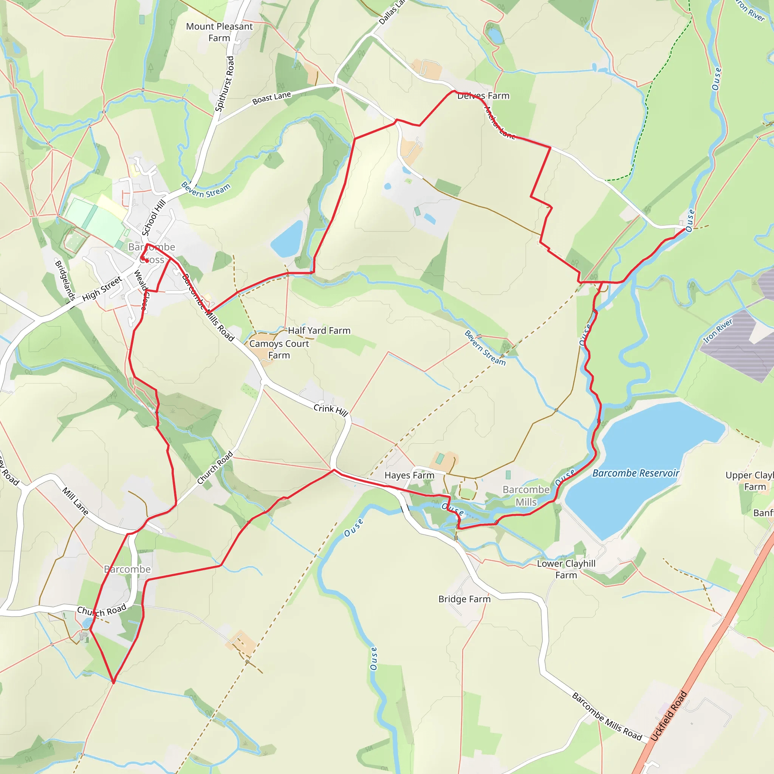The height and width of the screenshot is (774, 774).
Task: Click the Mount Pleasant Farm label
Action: click(219, 33)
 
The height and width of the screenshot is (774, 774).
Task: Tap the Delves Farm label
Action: click(483, 96)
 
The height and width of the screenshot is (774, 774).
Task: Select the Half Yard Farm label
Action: click(319, 331)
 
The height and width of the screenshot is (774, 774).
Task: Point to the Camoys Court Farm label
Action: click(279, 349)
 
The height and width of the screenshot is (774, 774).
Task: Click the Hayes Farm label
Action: click(409, 475)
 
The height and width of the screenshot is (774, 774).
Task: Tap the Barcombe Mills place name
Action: click(526, 495)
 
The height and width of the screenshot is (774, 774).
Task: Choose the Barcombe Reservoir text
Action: click(635, 473)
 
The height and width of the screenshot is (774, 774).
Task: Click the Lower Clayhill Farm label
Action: click(566, 569)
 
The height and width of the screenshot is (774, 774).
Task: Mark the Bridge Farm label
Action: click(464, 599)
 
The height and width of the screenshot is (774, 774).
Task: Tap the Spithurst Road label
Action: click(224, 84)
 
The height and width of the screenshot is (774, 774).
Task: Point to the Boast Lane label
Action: click(272, 98)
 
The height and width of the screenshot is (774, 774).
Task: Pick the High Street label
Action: click(102, 289)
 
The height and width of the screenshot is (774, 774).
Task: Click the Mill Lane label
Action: click(75, 501)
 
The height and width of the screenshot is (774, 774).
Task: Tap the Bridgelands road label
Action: click(65, 280)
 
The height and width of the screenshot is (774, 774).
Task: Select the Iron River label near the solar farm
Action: click(718, 331)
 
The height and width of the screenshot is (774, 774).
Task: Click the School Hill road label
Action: click(154, 218)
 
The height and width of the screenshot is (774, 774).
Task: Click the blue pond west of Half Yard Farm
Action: click(287, 239)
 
